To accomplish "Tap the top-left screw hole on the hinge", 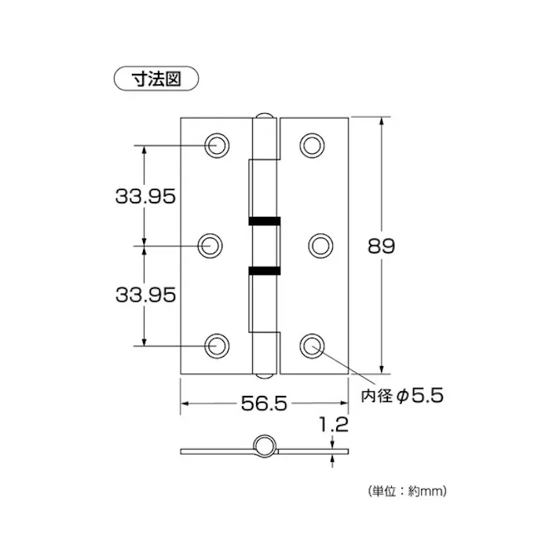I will click(x=215, y=145).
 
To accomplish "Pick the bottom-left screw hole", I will click(x=215, y=345).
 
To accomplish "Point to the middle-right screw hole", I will click(x=318, y=245).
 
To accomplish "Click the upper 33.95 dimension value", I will click(x=145, y=196).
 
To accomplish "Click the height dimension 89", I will click(x=381, y=246).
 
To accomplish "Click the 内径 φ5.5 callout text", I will click(x=402, y=396).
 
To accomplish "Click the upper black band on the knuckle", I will click(x=263, y=220).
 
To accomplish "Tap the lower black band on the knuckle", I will click(x=263, y=271).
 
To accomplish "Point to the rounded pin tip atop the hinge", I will click(x=265, y=115).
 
